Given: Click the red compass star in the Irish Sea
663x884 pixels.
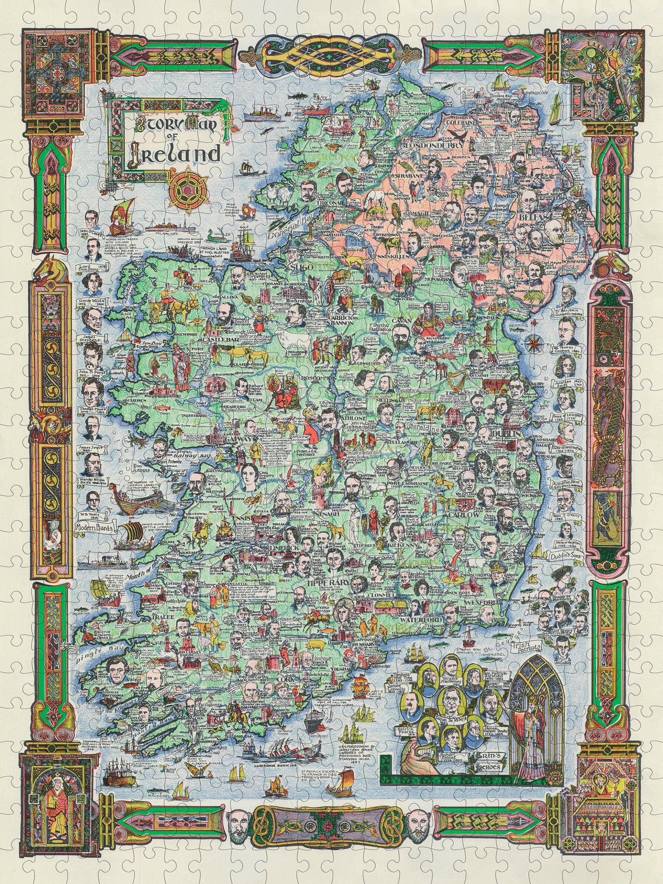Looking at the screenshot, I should click(x=534, y=341).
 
